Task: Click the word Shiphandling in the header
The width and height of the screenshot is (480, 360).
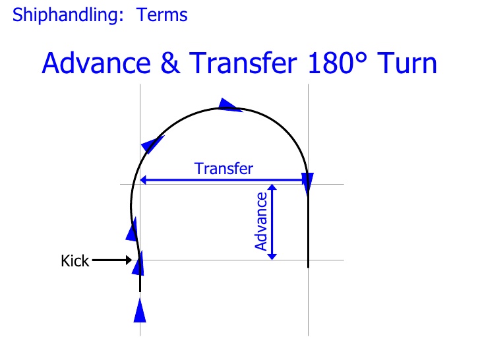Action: (x=68, y=15)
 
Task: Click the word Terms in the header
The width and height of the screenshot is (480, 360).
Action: (x=162, y=15)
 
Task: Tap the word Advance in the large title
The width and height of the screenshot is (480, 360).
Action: (x=96, y=63)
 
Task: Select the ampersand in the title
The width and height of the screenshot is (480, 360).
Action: (x=170, y=63)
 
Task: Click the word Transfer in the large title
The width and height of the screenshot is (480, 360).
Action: (x=243, y=63)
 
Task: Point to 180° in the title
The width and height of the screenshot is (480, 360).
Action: (x=338, y=63)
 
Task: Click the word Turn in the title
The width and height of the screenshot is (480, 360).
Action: (x=407, y=63)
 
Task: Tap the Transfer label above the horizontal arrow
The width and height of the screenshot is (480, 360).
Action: (x=224, y=169)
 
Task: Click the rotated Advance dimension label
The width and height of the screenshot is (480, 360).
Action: (x=261, y=222)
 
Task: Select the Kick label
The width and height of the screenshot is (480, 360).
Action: (x=75, y=261)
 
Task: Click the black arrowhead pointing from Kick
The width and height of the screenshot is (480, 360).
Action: (x=129, y=260)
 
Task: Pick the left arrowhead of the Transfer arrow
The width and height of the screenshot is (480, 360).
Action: (x=143, y=180)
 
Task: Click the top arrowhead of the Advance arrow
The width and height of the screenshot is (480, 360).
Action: (x=272, y=187)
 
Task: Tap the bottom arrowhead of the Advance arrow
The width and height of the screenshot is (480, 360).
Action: (x=272, y=257)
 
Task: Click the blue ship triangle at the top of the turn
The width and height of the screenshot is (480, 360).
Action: (x=229, y=105)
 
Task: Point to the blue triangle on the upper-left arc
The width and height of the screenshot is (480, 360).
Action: (x=152, y=144)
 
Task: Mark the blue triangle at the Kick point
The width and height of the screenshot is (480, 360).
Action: (x=138, y=265)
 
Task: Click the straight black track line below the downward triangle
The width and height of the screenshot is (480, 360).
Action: (x=309, y=229)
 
